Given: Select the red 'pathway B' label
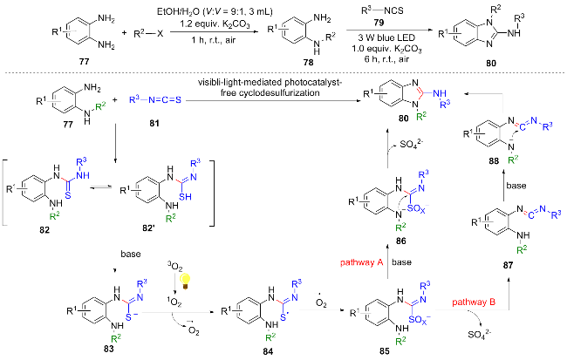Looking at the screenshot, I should coord(475,301).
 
